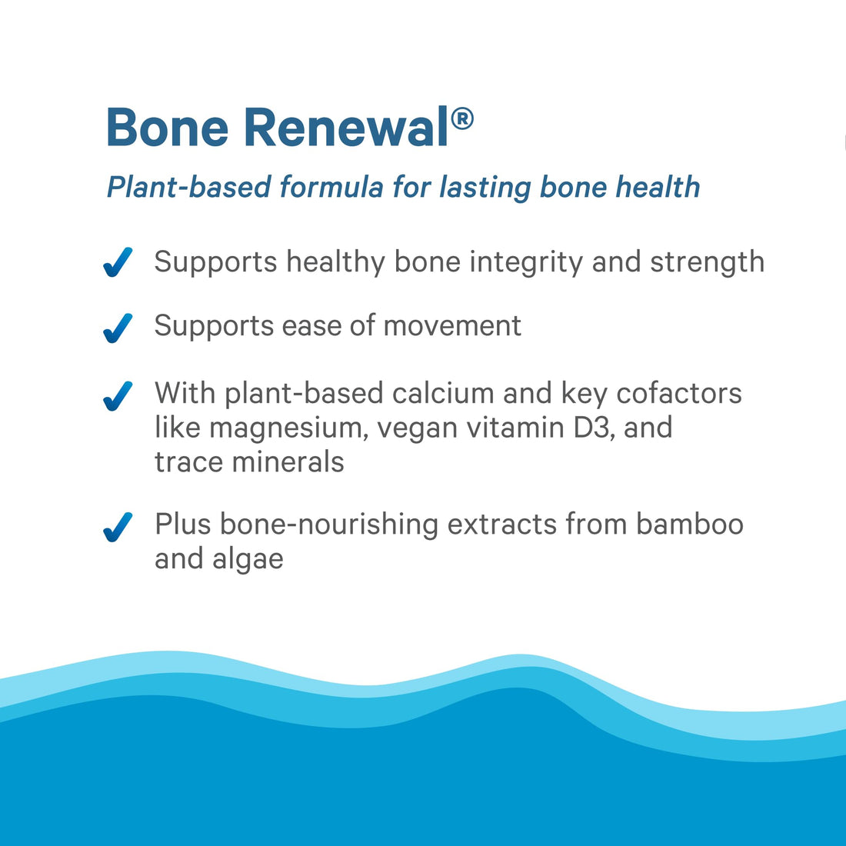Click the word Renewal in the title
(346, 128)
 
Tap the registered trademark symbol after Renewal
(461, 119)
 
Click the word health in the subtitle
(658, 187)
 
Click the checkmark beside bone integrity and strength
(118, 262)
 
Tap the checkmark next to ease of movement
(118, 328)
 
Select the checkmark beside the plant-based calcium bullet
(118, 395)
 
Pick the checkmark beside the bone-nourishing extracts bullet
(118, 527)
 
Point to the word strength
(707, 262)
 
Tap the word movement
(452, 326)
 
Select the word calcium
(443, 393)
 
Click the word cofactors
(679, 393)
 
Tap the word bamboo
(690, 524)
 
